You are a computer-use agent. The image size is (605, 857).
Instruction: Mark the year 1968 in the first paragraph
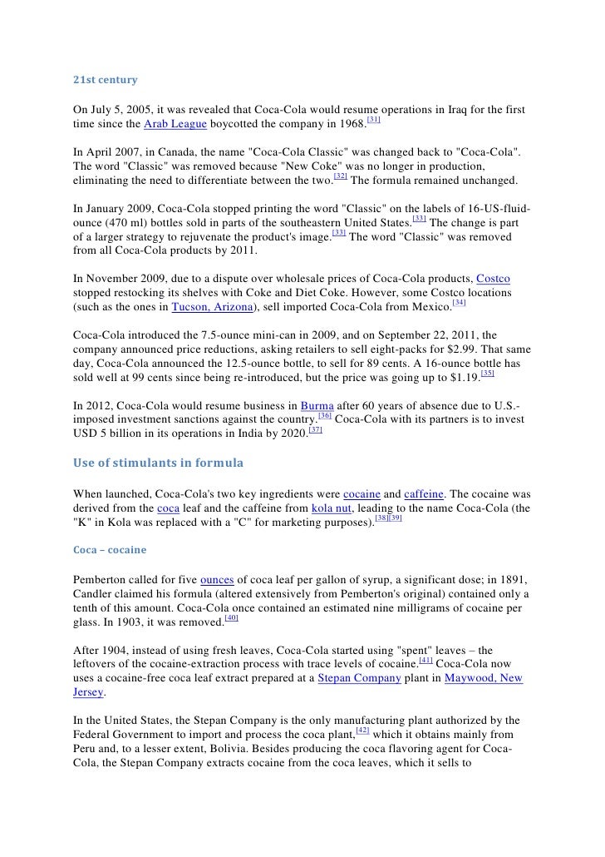(x=350, y=125)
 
